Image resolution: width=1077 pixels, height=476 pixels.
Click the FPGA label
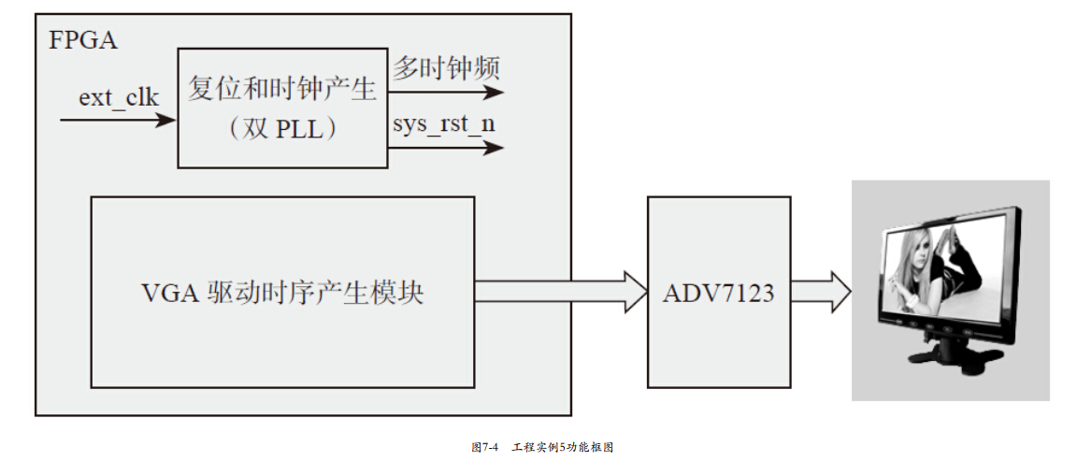(x=83, y=41)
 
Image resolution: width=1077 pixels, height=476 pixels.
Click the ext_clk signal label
(x=118, y=96)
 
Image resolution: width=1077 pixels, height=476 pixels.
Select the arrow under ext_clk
(x=118, y=120)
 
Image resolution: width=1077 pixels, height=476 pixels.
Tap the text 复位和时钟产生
(x=282, y=90)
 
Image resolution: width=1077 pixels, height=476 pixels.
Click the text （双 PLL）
(x=282, y=130)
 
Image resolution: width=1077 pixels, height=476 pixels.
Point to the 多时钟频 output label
(x=446, y=68)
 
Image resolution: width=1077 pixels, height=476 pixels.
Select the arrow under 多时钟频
(x=448, y=93)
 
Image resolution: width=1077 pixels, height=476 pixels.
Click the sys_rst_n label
(x=443, y=124)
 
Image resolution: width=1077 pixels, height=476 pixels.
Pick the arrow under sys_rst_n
(x=448, y=148)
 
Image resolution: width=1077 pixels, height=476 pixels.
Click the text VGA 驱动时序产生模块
(x=282, y=293)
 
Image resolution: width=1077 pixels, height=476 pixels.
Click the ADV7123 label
(x=718, y=293)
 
